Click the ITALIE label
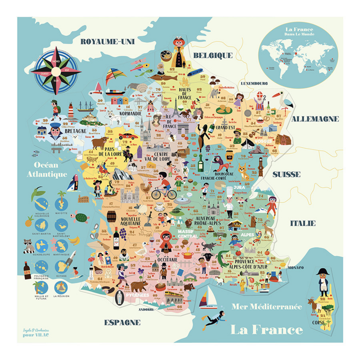click(x=302, y=223)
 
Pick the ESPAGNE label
click(x=122, y=322)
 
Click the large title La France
click(x=266, y=329)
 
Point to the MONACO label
click(x=295, y=268)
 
